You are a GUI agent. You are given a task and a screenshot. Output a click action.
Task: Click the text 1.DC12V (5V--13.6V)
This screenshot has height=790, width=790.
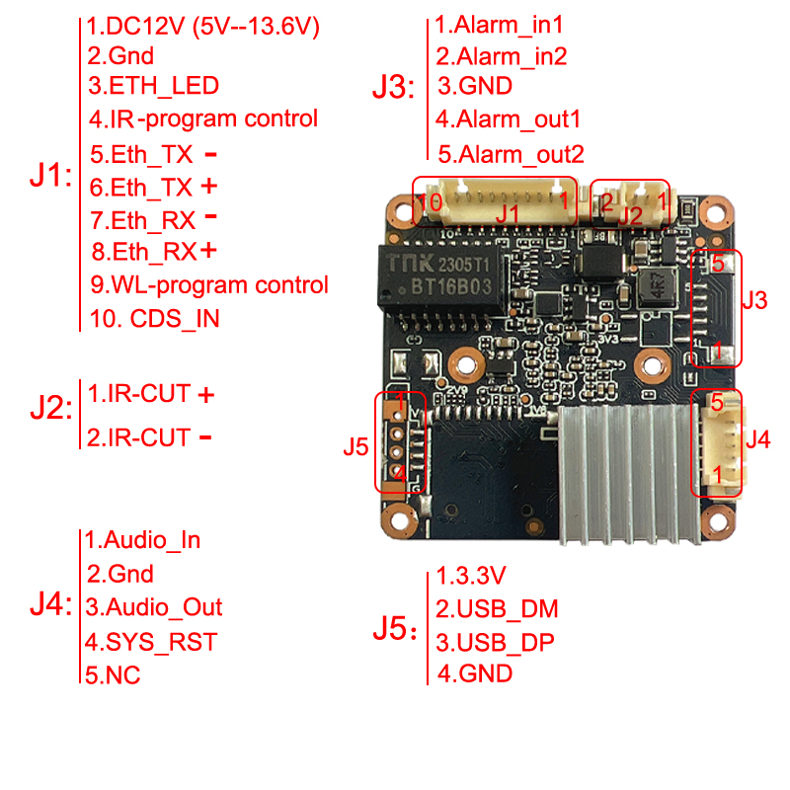(203, 27)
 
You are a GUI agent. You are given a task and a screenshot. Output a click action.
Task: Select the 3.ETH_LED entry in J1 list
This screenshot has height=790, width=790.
(154, 86)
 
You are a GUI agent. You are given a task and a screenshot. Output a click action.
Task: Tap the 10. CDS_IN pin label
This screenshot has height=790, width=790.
(155, 318)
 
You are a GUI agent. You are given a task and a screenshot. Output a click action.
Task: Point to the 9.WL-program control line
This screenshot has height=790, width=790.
(209, 285)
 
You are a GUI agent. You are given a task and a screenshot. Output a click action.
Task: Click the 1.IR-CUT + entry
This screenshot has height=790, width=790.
(151, 393)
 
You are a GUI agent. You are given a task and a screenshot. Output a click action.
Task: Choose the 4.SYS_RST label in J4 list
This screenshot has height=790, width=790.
(151, 642)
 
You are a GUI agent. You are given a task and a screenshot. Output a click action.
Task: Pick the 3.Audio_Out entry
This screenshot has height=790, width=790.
(154, 607)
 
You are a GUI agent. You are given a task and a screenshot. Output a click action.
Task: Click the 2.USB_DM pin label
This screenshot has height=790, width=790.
(497, 608)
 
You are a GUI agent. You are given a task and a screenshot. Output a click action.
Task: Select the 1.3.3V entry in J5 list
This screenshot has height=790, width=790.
(471, 576)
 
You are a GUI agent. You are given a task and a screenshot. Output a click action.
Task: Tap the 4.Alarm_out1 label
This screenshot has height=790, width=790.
(508, 119)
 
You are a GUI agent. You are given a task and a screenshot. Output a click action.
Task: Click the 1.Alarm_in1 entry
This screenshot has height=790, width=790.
(499, 25)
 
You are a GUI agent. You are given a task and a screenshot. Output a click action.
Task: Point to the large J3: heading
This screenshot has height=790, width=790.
(393, 87)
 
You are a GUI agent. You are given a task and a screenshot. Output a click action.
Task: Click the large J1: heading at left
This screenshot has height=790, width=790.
(51, 176)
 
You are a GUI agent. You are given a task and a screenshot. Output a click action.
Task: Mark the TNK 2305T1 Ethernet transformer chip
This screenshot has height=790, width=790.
(442, 277)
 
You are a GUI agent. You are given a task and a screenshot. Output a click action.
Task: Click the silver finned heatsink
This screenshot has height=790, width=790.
(630, 475)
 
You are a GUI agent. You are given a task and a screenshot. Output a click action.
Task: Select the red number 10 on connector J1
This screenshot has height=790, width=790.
(430, 202)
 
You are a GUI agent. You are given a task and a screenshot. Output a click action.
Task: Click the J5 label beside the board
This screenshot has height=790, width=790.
(355, 447)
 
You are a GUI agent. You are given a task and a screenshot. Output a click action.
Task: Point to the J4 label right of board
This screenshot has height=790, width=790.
(758, 439)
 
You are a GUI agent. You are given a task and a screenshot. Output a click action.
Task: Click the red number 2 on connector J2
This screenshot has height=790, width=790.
(607, 202)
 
